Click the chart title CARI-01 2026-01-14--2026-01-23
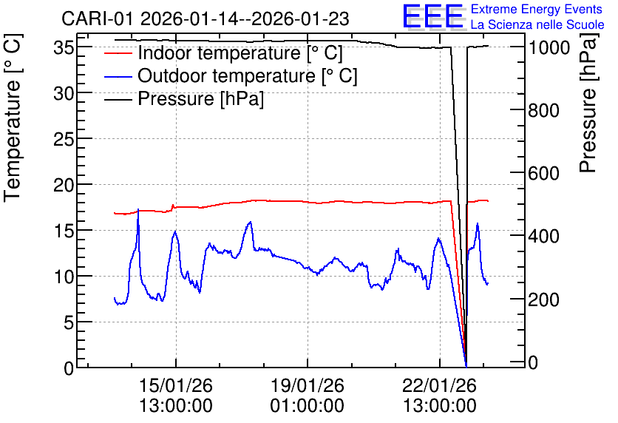coord(206,18)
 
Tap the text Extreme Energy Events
coord(537,9)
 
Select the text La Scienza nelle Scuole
coord(537,25)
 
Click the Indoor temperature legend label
coord(240,53)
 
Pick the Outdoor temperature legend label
coord(248,75)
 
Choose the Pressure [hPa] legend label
coord(200,98)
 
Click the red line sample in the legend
coord(118,53)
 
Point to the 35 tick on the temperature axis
coord(64,48)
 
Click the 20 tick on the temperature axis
coord(64,185)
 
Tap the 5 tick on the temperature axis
coord(69,322)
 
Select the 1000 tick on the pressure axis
coord(549,48)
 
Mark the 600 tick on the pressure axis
coord(544,174)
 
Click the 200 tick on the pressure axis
coord(544,300)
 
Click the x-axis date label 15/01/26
coord(176,385)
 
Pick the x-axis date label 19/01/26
coord(307,385)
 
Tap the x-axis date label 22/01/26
coord(439,385)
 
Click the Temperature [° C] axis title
coord(13,118)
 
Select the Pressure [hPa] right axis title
coord(588,103)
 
